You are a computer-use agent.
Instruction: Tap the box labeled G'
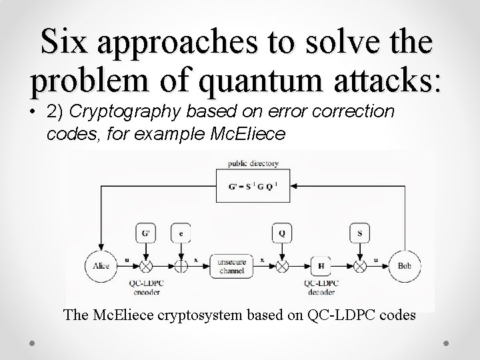146,234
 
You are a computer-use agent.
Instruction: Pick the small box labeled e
181,234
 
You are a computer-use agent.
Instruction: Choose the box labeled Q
282,234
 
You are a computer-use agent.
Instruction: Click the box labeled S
361,234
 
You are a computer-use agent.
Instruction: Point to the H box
321,267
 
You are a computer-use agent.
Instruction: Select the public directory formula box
253,185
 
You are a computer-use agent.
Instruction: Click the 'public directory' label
253,163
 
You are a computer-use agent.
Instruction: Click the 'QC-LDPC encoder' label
146,287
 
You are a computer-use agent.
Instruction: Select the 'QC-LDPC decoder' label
322,287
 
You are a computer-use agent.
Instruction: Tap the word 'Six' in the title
64,43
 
